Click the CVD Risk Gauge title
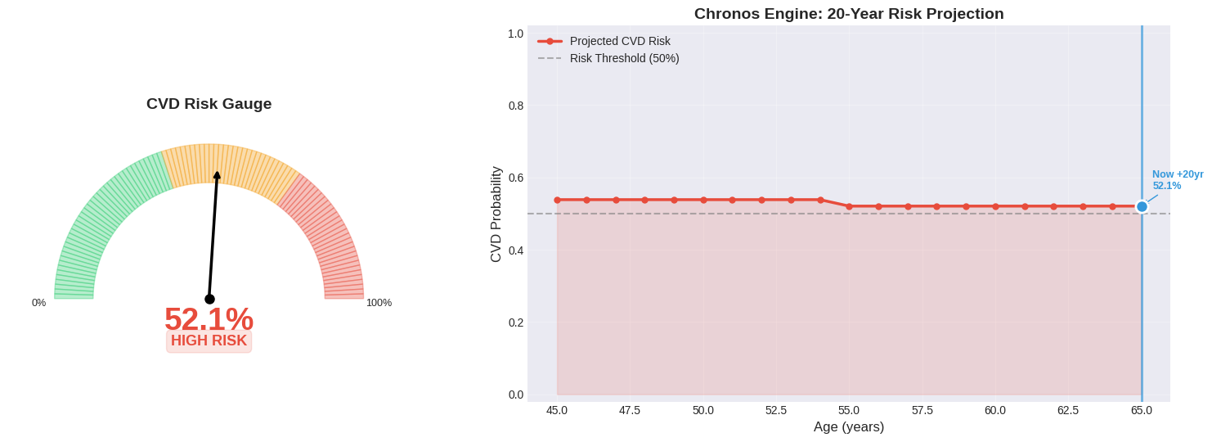pyautogui.click(x=209, y=104)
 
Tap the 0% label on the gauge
pyautogui.click(x=38, y=303)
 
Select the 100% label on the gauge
pyautogui.click(x=379, y=303)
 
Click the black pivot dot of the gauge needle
pyautogui.click(x=209, y=299)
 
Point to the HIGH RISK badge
pyautogui.click(x=209, y=341)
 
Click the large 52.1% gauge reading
pyautogui.click(x=209, y=318)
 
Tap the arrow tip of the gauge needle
pyautogui.click(x=217, y=174)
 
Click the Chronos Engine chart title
pyautogui.click(x=848, y=14)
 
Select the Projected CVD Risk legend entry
pyautogui.click(x=619, y=41)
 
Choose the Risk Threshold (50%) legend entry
pyautogui.click(x=624, y=58)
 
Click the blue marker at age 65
pyautogui.click(x=1142, y=206)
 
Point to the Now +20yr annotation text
pyautogui.click(x=1177, y=174)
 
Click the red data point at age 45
pyautogui.click(x=558, y=200)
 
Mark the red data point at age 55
pyautogui.click(x=849, y=206)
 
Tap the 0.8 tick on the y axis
pyautogui.click(x=515, y=106)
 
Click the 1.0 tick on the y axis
pyautogui.click(x=515, y=34)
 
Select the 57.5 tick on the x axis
pyautogui.click(x=922, y=410)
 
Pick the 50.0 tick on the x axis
pyautogui.click(x=703, y=410)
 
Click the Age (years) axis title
pyautogui.click(x=848, y=427)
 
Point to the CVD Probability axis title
pyautogui.click(x=496, y=214)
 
